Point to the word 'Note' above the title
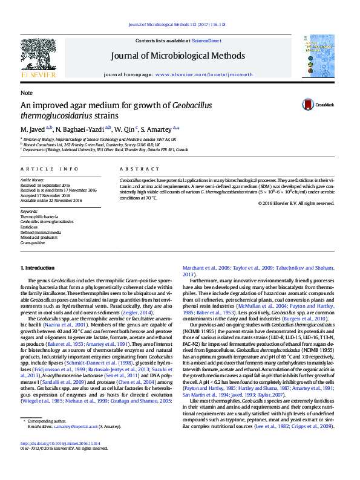(x=26, y=93)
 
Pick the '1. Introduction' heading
(x=38, y=267)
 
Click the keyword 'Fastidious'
(x=29, y=227)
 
